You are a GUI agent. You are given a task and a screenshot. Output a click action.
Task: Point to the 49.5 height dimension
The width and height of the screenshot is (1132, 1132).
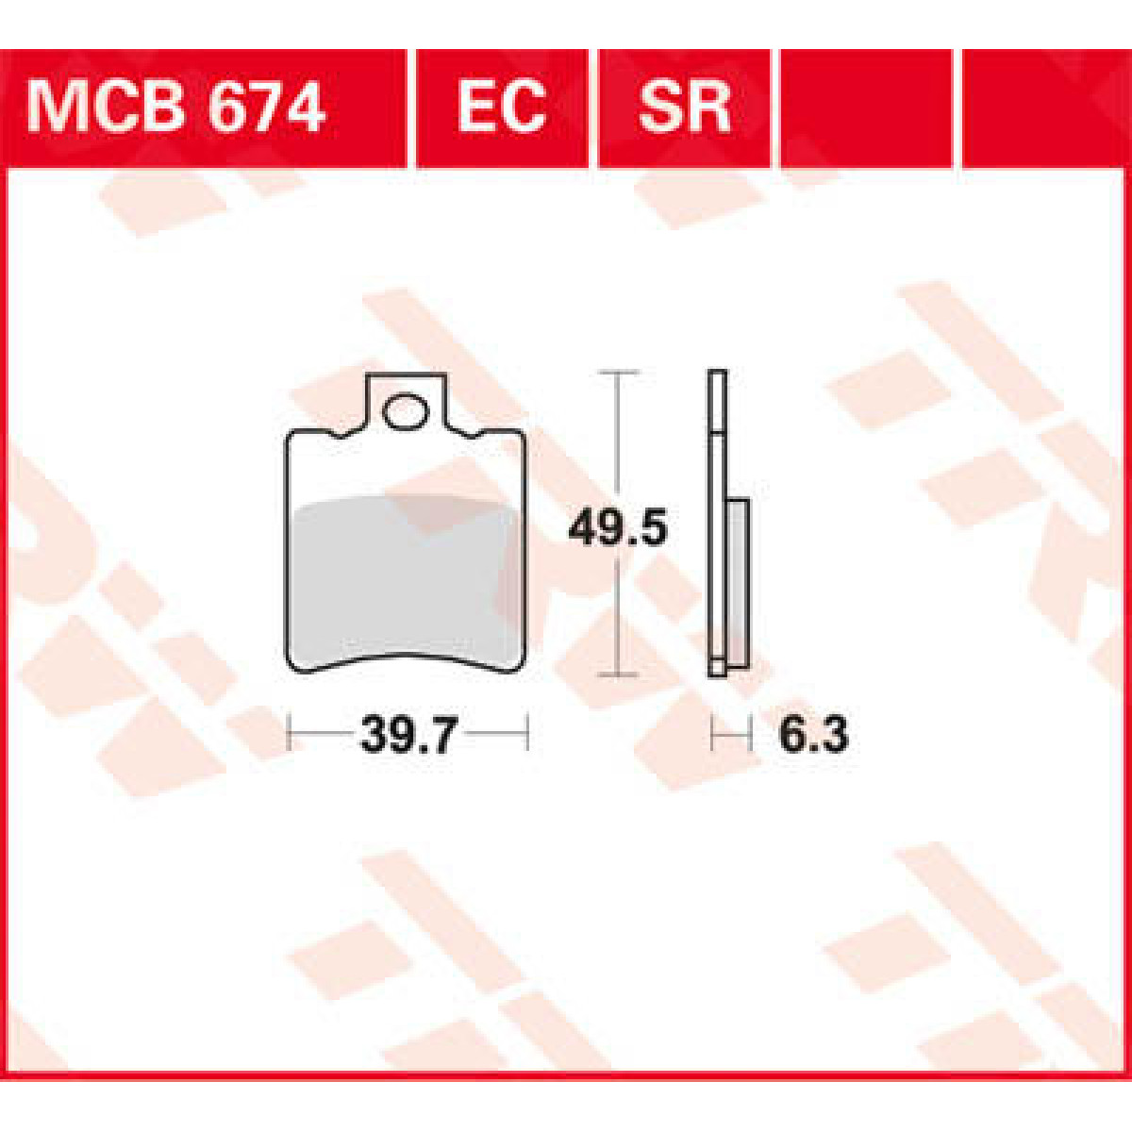click(x=618, y=529)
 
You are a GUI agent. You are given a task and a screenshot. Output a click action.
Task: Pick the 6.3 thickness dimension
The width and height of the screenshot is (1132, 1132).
click(x=813, y=734)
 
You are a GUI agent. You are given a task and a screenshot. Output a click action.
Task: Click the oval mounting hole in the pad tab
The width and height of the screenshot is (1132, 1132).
click(x=405, y=412)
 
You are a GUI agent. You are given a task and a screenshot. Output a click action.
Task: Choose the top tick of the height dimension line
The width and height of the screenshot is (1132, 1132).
click(x=617, y=373)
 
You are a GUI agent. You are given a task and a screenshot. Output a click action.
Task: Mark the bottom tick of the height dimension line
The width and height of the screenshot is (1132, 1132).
click(x=617, y=674)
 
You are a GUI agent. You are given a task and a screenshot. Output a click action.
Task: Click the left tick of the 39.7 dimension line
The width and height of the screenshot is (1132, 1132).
click(x=289, y=733)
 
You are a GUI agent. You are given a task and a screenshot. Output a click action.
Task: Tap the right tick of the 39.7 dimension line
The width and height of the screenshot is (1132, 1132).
click(x=527, y=733)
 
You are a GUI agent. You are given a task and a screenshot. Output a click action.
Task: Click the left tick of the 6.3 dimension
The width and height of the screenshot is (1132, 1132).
click(x=711, y=733)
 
